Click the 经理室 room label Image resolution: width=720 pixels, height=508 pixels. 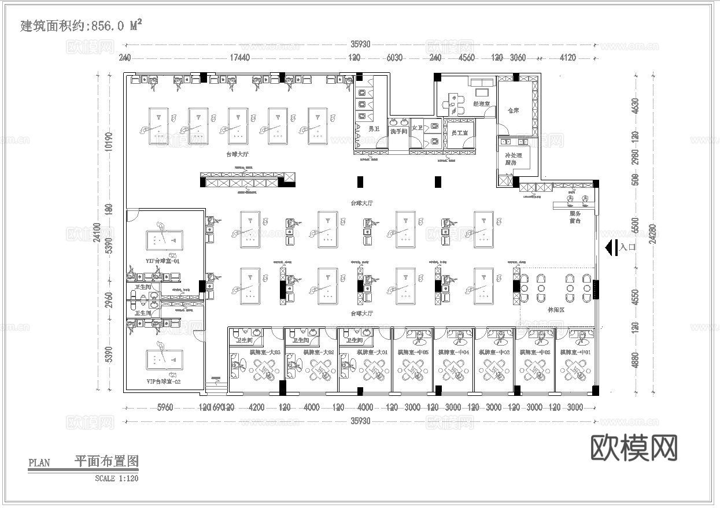[x=481, y=104]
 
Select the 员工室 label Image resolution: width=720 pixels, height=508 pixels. [x=459, y=133]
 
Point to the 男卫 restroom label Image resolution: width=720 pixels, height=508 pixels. [x=358, y=129]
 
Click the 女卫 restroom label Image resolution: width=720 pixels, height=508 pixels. [x=417, y=128]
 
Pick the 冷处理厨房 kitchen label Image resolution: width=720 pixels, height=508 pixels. [x=513, y=159]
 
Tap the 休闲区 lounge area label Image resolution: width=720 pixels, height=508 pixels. [x=556, y=310]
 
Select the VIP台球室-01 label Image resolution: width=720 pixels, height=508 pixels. [x=163, y=261]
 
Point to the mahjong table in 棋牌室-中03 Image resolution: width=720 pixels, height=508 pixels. [x=494, y=369]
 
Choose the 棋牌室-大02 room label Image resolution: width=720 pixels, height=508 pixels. [x=312, y=352]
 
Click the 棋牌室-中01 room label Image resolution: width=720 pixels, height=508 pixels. [x=575, y=352]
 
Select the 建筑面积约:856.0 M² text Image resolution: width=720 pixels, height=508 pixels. [x=81, y=25]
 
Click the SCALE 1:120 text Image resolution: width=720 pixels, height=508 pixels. [x=117, y=478]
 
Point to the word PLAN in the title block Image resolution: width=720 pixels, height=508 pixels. [x=39, y=463]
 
